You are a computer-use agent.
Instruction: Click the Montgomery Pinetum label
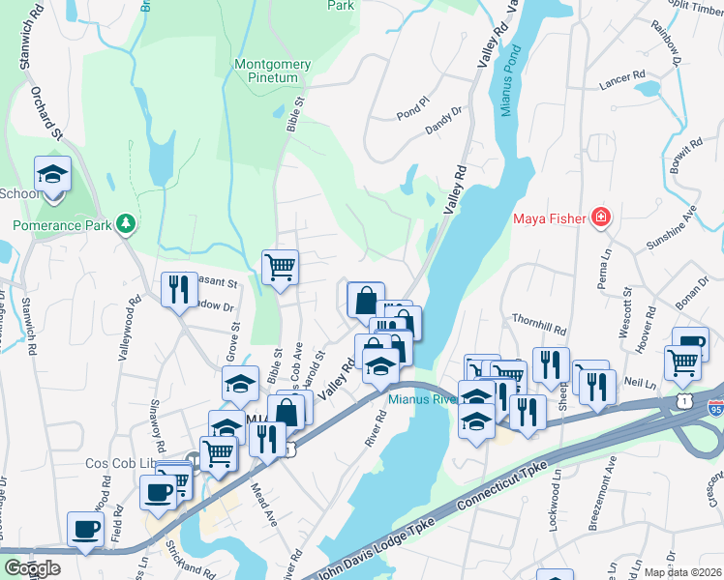273,72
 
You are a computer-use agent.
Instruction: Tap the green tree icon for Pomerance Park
125,224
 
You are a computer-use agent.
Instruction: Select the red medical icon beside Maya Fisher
601,217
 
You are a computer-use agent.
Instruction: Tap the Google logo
32,568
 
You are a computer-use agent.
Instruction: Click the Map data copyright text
682,572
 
